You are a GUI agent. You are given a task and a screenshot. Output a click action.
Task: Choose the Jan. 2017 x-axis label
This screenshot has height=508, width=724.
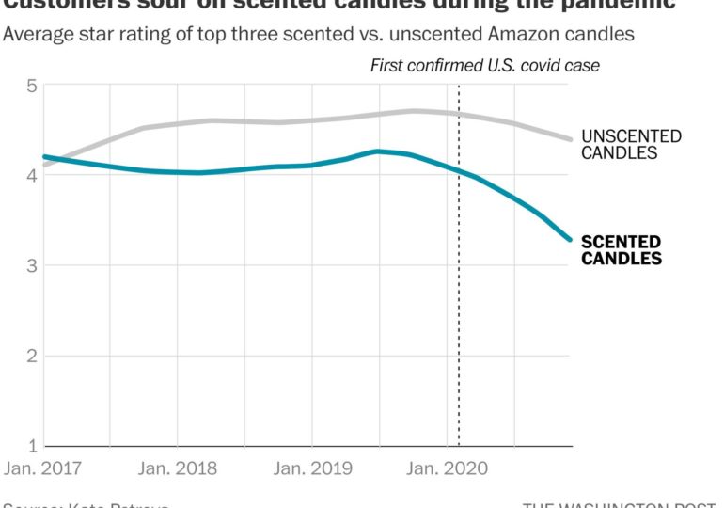tap(43, 468)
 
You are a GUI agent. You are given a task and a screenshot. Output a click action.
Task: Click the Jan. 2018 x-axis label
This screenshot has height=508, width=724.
tap(177, 468)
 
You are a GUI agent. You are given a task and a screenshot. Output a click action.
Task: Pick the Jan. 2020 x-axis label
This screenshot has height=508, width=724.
tap(446, 468)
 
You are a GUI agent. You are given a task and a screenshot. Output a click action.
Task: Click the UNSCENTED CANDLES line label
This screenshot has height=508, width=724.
tap(631, 145)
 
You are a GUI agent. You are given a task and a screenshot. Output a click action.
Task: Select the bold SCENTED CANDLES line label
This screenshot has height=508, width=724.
tap(622, 250)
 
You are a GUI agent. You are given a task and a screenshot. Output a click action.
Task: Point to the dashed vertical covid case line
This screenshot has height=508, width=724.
tap(459, 282)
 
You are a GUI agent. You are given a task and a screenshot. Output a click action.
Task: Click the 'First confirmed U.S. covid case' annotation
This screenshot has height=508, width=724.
tap(484, 66)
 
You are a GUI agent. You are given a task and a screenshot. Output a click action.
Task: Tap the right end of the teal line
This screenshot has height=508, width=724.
tap(570, 239)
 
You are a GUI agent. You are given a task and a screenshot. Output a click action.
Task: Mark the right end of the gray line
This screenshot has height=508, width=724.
tap(570, 139)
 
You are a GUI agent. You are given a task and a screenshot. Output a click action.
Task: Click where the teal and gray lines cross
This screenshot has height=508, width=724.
tap(53, 160)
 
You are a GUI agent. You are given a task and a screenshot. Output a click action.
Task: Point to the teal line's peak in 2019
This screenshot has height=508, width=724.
tap(378, 151)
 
